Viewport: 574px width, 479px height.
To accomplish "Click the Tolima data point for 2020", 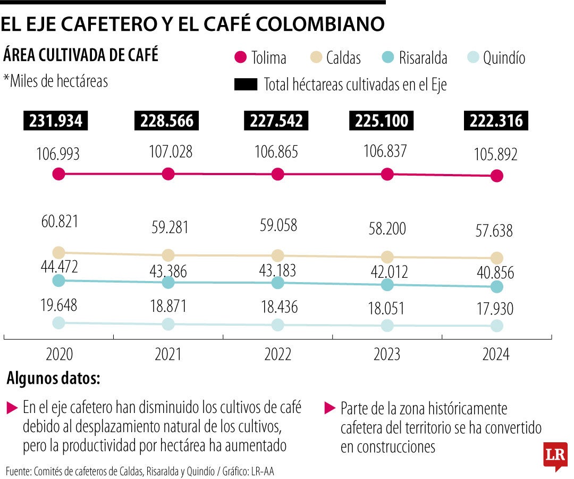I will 59,174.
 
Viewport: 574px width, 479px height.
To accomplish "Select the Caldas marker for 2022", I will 277,255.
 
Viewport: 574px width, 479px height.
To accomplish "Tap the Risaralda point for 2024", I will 496,287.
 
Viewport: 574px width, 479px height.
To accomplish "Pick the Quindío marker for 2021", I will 168,324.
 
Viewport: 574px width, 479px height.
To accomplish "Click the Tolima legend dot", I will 241,57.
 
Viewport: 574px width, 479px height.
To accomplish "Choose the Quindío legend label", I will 504,58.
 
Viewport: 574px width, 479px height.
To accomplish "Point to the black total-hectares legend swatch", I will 246,84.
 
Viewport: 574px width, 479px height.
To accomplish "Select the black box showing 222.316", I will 496,121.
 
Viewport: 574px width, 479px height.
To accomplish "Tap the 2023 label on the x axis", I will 387,354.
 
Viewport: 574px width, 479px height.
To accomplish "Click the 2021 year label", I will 168,354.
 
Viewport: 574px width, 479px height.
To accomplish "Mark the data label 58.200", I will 387,229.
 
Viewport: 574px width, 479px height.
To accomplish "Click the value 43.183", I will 277,269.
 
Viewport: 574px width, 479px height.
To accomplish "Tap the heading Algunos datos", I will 53,380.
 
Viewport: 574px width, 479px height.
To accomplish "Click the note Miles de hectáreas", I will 56,81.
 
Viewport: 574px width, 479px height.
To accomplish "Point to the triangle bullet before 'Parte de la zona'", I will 329,409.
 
